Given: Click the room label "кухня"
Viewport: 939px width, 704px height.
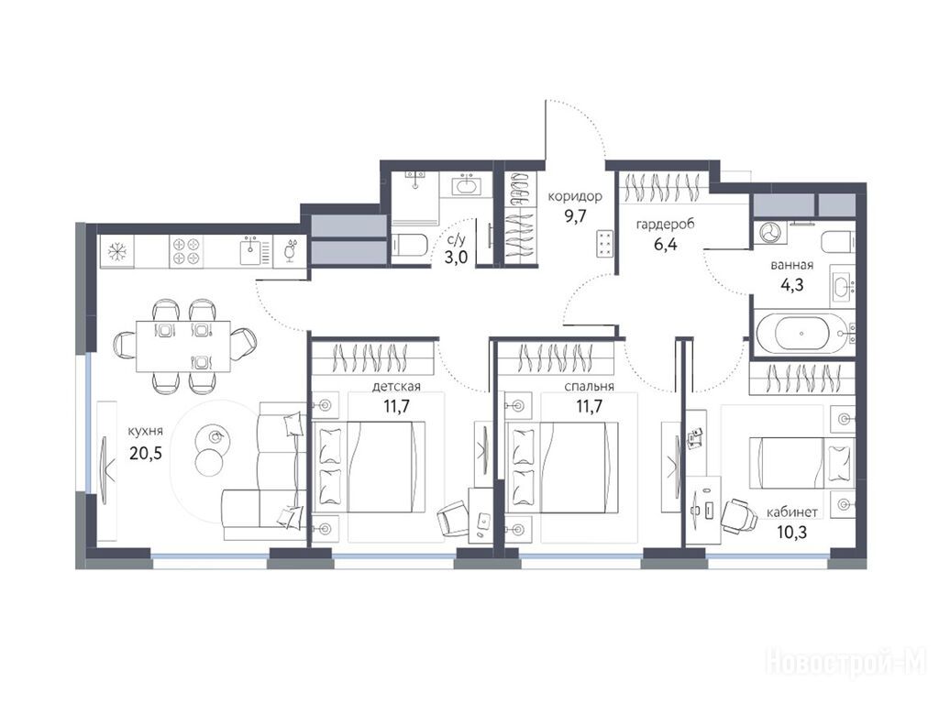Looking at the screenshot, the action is (x=146, y=431).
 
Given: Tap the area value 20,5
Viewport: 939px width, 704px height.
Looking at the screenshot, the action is (x=146, y=453).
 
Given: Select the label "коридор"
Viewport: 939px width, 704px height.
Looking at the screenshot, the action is (x=575, y=196).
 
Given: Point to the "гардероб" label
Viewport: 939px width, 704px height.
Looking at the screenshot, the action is (x=666, y=225).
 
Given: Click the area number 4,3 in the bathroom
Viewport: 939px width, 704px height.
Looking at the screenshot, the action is (x=791, y=285).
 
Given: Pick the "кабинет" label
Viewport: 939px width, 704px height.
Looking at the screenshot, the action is (x=791, y=512).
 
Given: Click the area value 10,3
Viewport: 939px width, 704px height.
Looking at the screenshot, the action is (x=791, y=532).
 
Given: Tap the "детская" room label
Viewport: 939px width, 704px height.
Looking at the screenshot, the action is (x=396, y=386).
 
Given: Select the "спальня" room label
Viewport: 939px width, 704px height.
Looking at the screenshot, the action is (x=589, y=386).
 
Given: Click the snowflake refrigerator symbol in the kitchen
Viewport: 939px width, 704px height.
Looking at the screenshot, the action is (x=116, y=251).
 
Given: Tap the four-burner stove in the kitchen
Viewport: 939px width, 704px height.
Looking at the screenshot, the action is (x=186, y=251).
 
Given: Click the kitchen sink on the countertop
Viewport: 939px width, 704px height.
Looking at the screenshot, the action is (x=251, y=251).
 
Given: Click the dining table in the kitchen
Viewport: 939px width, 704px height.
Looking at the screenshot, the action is (x=182, y=346).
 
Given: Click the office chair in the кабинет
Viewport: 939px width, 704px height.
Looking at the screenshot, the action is (x=739, y=516).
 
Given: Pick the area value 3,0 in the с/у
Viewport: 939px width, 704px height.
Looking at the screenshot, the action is (x=456, y=258).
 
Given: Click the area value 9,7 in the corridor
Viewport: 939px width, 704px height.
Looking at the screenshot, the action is (x=575, y=216).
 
